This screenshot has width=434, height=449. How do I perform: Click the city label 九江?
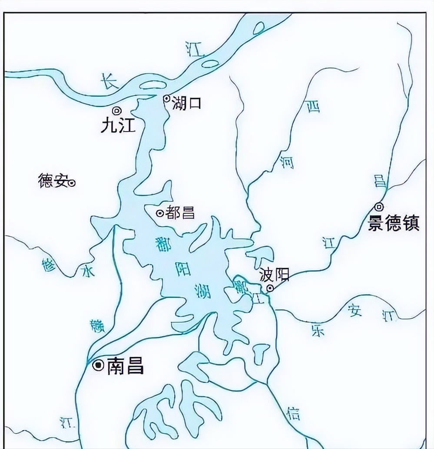coord(118,125)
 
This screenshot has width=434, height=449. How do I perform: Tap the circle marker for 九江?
coord(117,110)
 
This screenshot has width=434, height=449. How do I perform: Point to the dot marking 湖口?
coord(166,99)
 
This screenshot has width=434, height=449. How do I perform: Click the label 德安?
coord(53,181)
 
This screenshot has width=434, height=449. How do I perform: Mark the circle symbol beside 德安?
coord(72,183)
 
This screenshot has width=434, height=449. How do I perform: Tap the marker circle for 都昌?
coord(159,213)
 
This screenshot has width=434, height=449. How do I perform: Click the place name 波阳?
coord(274,274)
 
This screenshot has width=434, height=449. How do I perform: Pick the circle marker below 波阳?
coord(270,288)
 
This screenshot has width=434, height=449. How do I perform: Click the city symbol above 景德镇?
coord(380,207)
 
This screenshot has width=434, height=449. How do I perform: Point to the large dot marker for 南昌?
coord(99,365)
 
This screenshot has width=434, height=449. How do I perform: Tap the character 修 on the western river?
coord(50,265)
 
